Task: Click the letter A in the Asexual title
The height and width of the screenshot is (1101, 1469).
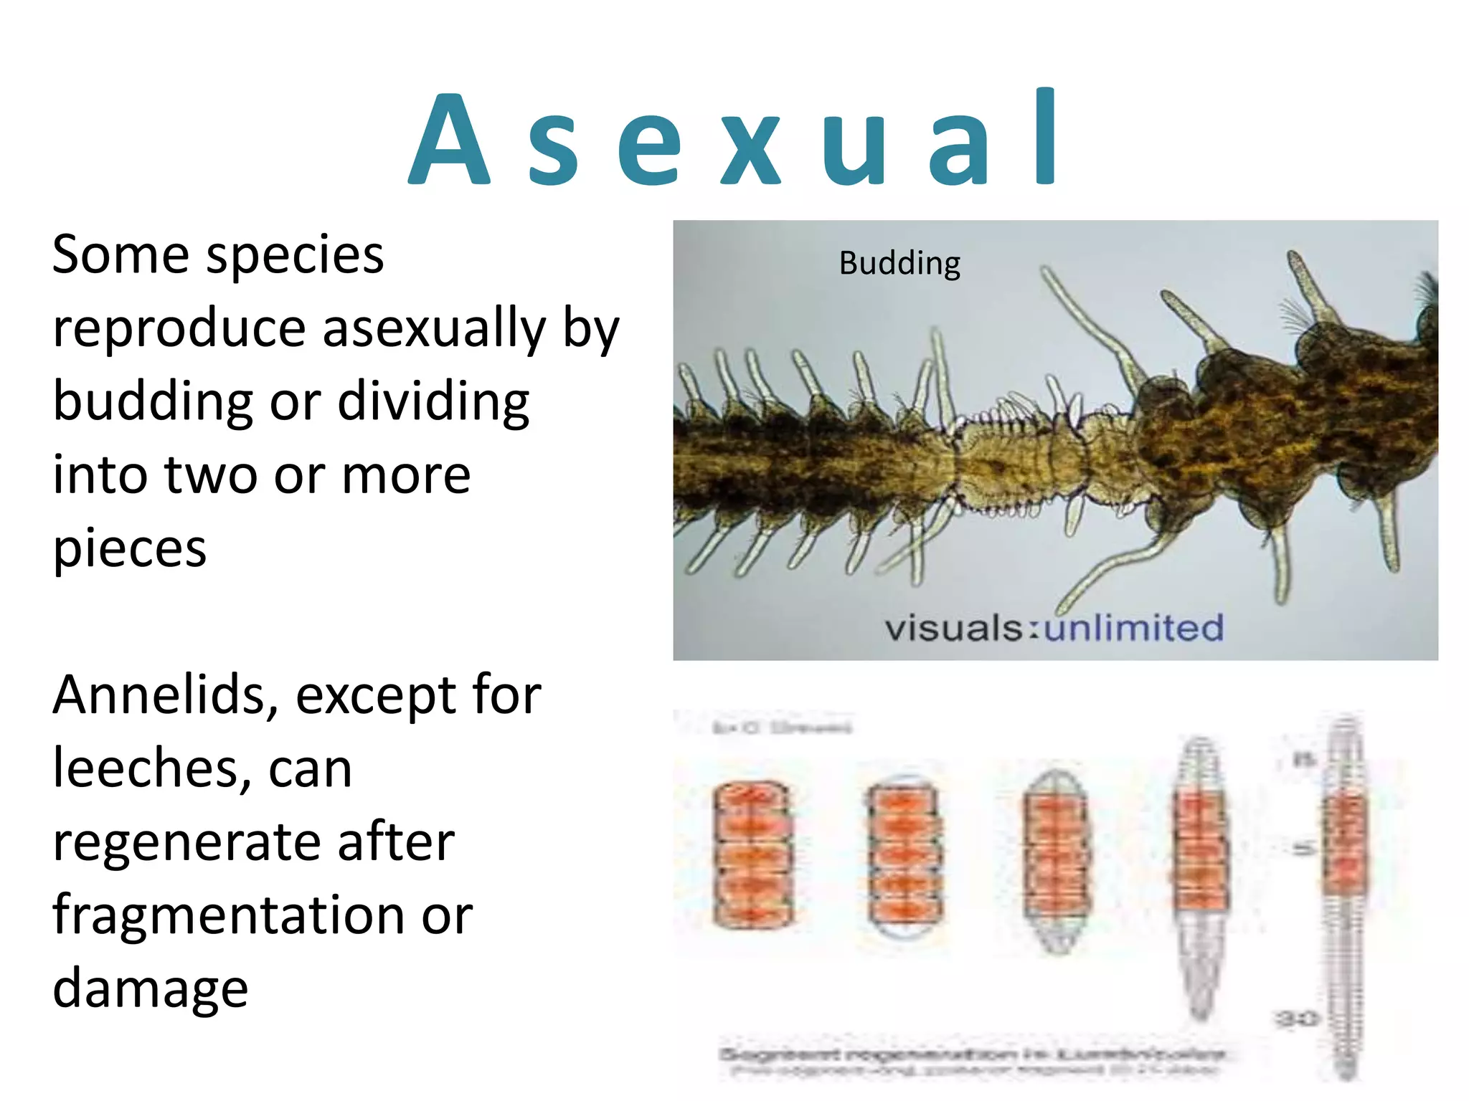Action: click(449, 140)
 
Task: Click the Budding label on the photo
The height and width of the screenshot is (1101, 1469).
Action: click(899, 264)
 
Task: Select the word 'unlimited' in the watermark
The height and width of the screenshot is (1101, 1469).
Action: click(1133, 628)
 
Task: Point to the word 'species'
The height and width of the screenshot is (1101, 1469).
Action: click(295, 257)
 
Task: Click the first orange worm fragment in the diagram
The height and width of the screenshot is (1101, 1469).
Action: click(752, 854)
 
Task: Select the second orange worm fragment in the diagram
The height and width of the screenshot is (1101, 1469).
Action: click(904, 854)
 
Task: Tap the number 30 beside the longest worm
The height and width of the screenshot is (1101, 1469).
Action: click(1295, 1018)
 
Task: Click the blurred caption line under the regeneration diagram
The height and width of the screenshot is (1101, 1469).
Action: click(972, 1055)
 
